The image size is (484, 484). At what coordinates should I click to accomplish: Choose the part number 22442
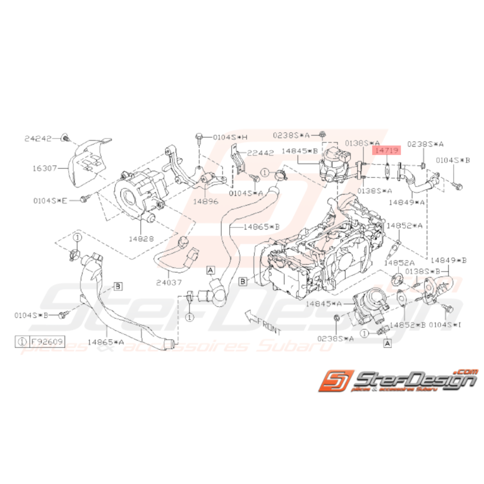pyautogui.click(x=260, y=153)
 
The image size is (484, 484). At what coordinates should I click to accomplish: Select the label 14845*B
pyautogui.click(x=299, y=151)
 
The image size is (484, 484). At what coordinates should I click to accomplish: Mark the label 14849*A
pyautogui.click(x=407, y=201)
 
